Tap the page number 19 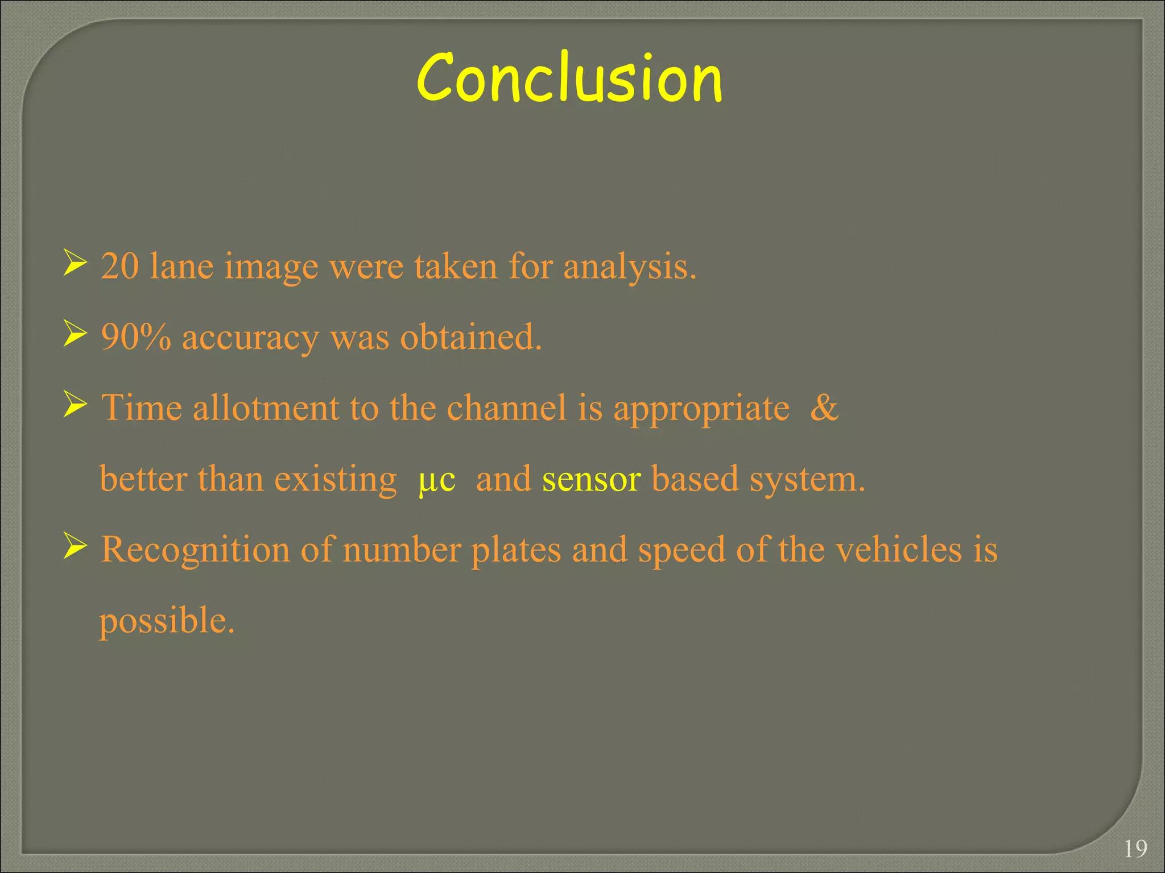tap(1135, 849)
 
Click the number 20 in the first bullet tap(120, 266)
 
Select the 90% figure tap(136, 337)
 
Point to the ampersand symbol tap(824, 408)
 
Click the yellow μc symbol tap(437, 480)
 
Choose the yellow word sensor tap(592, 480)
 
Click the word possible tap(167, 621)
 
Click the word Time tap(142, 408)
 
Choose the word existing tap(336, 480)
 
